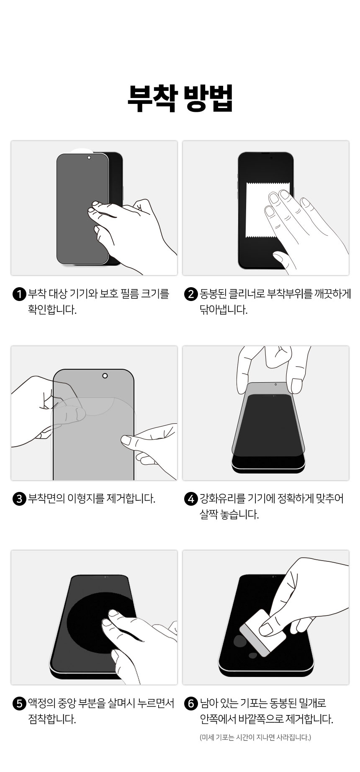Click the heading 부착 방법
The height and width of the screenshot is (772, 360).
(180, 99)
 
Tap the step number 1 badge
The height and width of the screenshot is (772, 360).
(20, 294)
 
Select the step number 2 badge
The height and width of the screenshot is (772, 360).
(190, 294)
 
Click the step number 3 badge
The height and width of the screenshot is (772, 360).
(20, 499)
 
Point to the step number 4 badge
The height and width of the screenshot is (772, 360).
(190, 499)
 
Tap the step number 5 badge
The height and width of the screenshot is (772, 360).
(20, 704)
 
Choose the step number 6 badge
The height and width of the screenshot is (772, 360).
(190, 704)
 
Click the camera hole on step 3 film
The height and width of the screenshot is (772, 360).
(105, 376)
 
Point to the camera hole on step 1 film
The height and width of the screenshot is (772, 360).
(89, 158)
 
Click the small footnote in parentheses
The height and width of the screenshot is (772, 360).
(255, 737)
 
